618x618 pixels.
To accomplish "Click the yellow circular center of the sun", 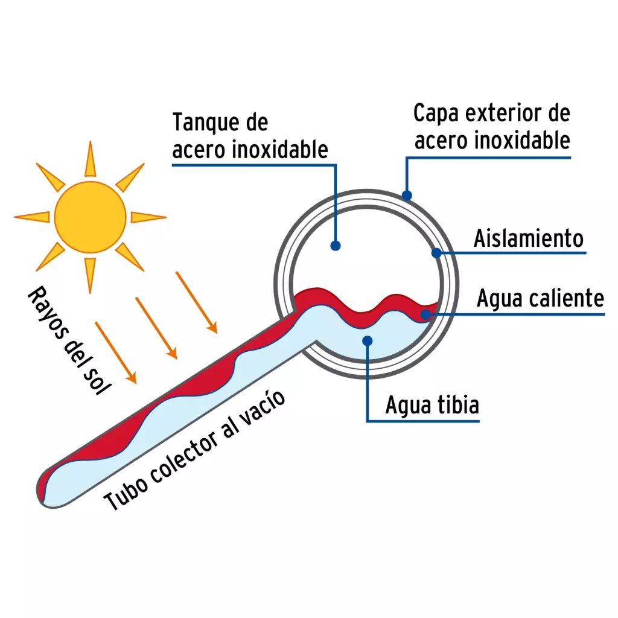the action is [x=91, y=217].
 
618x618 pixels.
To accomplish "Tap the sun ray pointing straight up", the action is [x=91, y=159].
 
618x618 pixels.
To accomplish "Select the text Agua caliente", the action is [x=540, y=298].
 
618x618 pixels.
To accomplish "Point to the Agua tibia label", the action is [x=432, y=405].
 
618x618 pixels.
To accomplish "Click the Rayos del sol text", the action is [x=69, y=340].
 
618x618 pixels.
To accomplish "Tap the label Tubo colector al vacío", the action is [x=194, y=450].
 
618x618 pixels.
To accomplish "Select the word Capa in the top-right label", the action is [x=436, y=114].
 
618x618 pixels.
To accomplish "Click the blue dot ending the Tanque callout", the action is [x=336, y=246].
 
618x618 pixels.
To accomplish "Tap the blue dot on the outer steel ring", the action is [x=407, y=195].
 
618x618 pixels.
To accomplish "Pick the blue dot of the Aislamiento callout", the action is [x=436, y=253].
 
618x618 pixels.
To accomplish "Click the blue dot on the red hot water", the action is [x=425, y=314].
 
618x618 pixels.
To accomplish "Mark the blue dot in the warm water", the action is [x=368, y=341].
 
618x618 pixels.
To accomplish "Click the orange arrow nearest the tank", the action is [x=196, y=302].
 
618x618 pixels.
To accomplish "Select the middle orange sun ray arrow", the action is [x=156, y=328].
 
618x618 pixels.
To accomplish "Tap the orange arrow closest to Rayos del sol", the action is [x=116, y=353].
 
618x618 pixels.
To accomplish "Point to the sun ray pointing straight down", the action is [x=91, y=275].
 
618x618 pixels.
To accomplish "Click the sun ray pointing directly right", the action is [x=148, y=217].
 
